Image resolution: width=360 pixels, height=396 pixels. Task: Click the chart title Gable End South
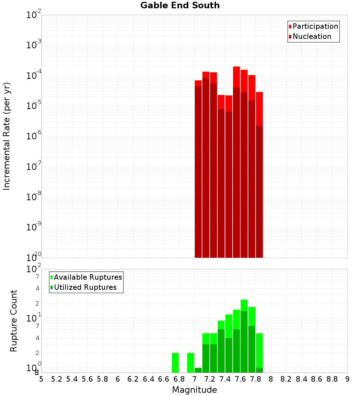(180, 5)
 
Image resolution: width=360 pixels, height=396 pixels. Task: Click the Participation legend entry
(315, 26)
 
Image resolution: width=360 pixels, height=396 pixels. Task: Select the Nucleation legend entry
(312, 36)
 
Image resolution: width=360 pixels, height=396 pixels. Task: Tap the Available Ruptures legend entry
(88, 277)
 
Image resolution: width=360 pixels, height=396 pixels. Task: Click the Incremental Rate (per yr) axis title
(7, 136)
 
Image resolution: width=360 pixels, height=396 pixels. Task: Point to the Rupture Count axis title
(14, 320)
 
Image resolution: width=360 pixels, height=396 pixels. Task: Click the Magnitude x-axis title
(194, 390)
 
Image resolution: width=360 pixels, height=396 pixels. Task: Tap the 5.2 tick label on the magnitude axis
(57, 379)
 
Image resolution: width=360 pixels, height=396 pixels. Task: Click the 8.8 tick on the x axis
(332, 379)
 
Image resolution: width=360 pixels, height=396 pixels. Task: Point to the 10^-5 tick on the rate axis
(33, 106)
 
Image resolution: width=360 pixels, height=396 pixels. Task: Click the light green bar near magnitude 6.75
(175, 363)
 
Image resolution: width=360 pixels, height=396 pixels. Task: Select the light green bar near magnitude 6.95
(190, 363)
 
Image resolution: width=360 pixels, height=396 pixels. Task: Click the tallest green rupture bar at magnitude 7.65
(244, 337)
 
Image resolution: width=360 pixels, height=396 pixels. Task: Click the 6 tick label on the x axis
(118, 379)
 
